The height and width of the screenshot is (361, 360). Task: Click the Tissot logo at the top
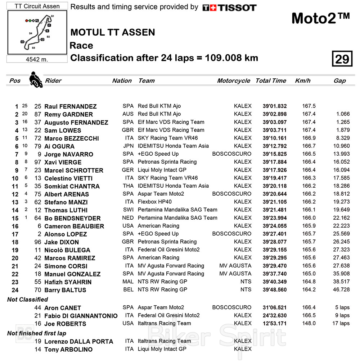click(x=229, y=8)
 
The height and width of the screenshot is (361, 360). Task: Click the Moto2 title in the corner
click(x=320, y=18)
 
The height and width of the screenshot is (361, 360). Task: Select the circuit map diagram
click(x=37, y=32)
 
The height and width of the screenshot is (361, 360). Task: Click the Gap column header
click(x=339, y=81)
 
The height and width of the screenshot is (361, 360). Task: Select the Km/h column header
click(x=302, y=81)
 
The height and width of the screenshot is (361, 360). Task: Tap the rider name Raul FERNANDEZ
click(x=70, y=106)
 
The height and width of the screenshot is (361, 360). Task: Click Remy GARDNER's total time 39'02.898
click(x=275, y=114)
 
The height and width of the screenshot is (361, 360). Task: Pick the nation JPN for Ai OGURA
click(x=128, y=146)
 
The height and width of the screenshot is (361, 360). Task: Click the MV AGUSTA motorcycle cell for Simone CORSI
click(x=235, y=266)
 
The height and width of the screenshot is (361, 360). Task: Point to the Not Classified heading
click(x=27, y=300)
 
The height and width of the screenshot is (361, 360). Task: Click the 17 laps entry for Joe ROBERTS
click(x=339, y=323)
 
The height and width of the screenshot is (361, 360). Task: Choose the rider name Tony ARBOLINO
click(x=68, y=349)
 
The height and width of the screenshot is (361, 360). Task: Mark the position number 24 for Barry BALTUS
click(x=15, y=290)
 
